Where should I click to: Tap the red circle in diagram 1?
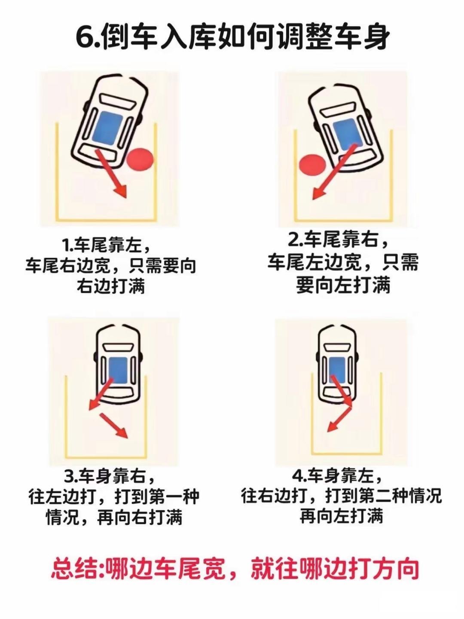pos(140,160)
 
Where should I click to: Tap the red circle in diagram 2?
pos(312,164)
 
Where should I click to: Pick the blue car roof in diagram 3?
pos(118,370)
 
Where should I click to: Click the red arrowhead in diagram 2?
pos(318,194)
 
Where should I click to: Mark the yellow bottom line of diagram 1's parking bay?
pos(107,219)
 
